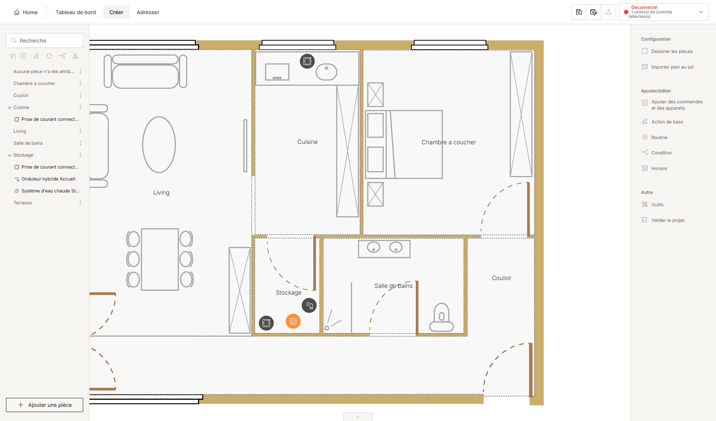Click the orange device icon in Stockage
(x=293, y=321)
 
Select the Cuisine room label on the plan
(x=307, y=142)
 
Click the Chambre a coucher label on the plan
(x=449, y=142)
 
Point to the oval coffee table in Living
(x=159, y=145)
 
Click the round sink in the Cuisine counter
(x=326, y=72)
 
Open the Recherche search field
(x=45, y=41)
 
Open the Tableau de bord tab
(x=76, y=12)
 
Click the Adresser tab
(x=148, y=12)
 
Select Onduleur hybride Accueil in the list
(x=48, y=179)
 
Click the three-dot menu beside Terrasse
(x=80, y=203)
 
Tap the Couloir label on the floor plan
(x=502, y=278)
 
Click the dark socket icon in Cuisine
(x=307, y=61)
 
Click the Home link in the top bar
(x=26, y=12)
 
